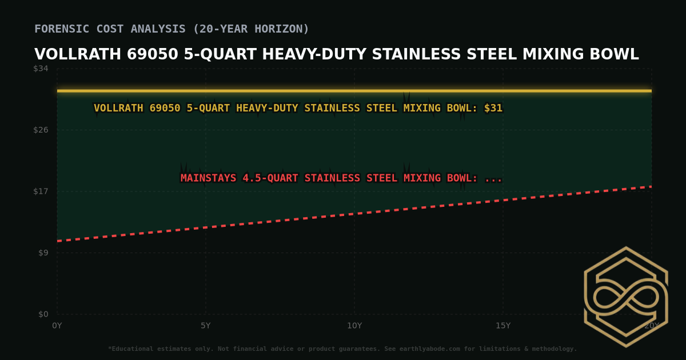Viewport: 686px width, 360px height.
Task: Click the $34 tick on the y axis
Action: (x=41, y=69)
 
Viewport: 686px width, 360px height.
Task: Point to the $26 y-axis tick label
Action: (x=41, y=130)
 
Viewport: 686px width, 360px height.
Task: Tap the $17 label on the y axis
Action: (x=41, y=191)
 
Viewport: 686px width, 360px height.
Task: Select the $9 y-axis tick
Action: (x=43, y=253)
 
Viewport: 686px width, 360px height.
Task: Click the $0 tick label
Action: (x=43, y=314)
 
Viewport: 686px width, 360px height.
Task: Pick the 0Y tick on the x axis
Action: (x=57, y=326)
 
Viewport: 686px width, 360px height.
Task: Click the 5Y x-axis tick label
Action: (x=206, y=326)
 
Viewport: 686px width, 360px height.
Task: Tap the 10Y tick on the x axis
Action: (x=354, y=326)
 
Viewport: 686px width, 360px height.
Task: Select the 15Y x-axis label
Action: (x=503, y=326)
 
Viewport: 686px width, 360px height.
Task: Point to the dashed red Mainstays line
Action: (x=354, y=214)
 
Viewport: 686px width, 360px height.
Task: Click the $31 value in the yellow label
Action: (x=493, y=108)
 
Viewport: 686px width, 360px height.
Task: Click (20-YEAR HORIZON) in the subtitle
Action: (x=251, y=29)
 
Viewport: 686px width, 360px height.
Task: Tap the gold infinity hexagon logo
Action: (x=625, y=297)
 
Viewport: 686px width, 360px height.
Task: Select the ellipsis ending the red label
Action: (x=493, y=178)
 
